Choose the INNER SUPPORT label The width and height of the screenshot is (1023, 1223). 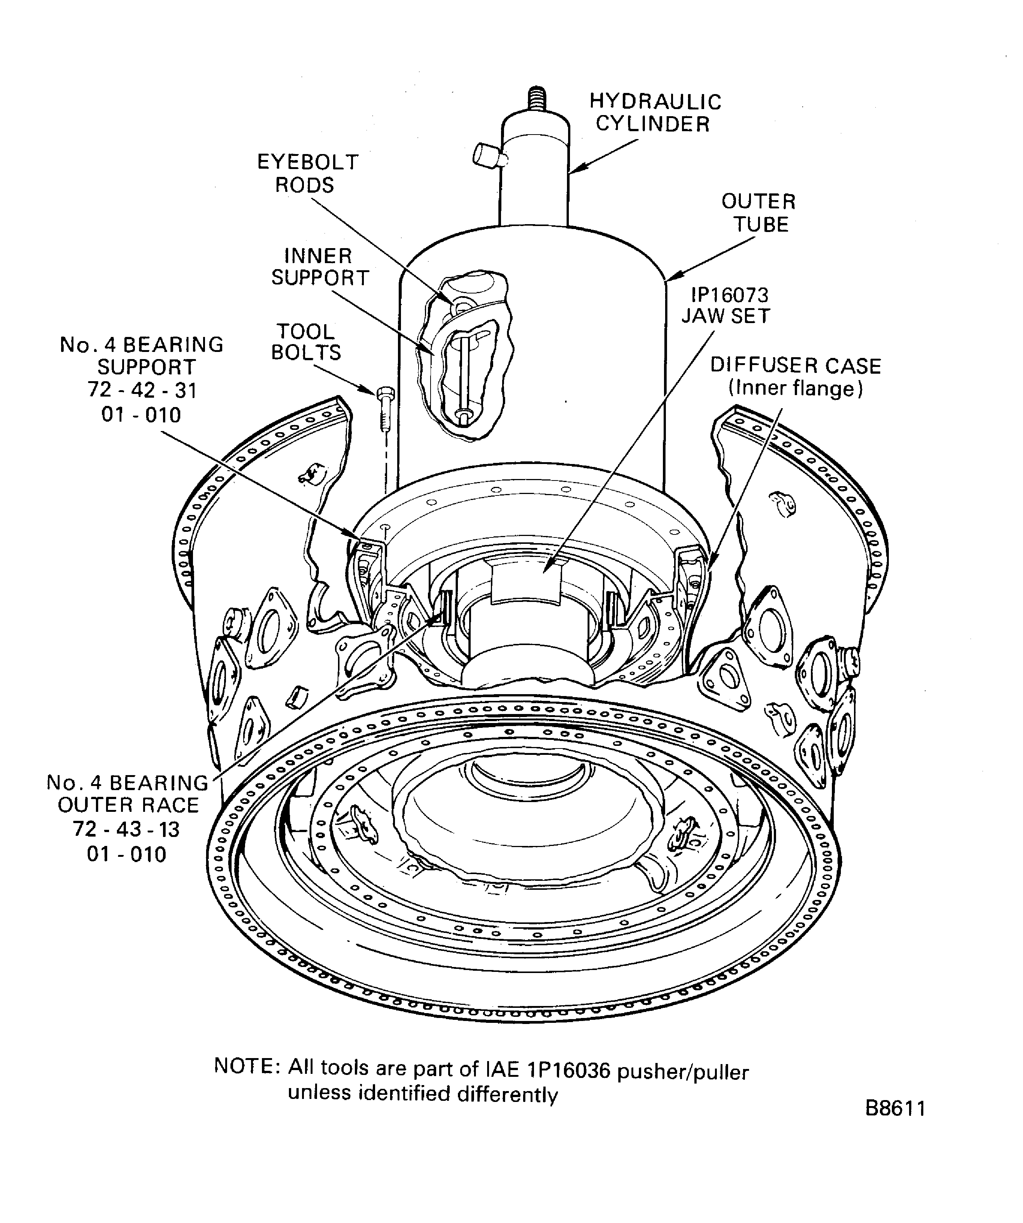click(x=320, y=267)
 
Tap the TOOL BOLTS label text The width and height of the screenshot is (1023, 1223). click(x=306, y=342)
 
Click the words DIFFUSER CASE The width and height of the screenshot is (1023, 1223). click(x=795, y=366)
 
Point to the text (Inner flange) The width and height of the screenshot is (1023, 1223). click(x=795, y=388)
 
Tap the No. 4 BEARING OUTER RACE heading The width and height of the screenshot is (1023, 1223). click(x=127, y=794)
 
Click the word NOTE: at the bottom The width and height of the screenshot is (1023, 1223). click(x=247, y=1066)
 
